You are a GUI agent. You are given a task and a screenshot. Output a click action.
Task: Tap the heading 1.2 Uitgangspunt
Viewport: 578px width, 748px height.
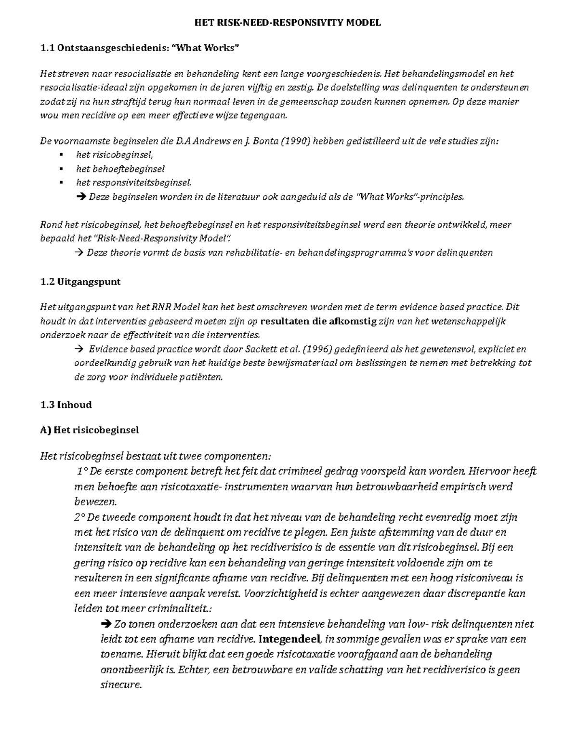(80, 282)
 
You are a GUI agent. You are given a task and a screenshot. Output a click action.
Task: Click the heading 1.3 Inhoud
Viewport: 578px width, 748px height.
(66, 405)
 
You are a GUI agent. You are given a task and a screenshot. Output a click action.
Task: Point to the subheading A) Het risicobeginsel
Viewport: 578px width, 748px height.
(90, 430)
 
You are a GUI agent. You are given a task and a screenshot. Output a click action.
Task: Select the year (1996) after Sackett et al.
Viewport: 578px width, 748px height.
(316, 349)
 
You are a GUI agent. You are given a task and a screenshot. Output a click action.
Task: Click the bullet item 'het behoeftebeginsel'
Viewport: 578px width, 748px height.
(120, 169)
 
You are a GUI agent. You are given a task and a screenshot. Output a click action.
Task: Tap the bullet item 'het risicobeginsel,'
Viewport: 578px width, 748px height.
(114, 155)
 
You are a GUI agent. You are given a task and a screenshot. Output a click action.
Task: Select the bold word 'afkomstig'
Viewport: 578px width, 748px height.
(354, 321)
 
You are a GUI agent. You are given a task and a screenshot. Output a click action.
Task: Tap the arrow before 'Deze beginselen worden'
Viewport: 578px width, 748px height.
(80, 197)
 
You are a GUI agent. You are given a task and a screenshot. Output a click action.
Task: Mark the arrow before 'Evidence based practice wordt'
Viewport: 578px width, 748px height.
(78, 349)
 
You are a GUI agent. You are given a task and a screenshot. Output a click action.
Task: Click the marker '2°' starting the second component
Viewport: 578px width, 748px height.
(79, 517)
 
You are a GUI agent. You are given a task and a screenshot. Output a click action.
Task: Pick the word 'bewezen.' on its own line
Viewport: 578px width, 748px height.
(95, 502)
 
